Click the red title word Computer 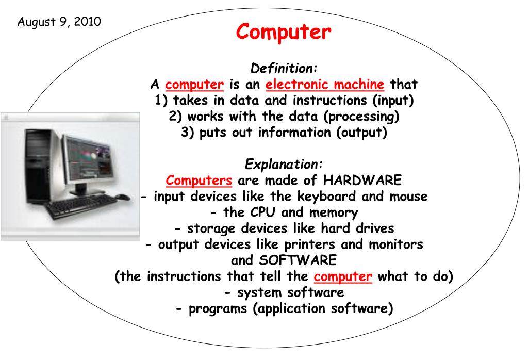tap(284, 32)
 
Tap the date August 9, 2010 tap(59, 22)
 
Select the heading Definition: tap(284, 68)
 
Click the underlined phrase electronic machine tap(325, 84)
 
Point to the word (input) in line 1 tap(393, 101)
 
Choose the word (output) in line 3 tap(361, 133)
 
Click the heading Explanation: tap(284, 165)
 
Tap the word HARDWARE tap(362, 180)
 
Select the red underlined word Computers tap(199, 181)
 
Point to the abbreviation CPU tap(262, 212)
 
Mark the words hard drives tap(357, 228)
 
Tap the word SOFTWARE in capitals tap(298, 260)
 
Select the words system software tap(291, 292)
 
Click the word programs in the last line tap(218, 309)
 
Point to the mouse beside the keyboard tap(122, 198)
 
